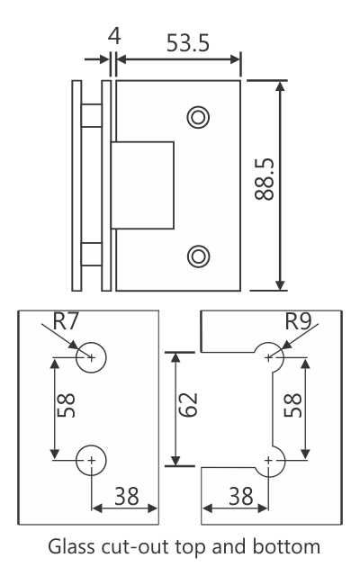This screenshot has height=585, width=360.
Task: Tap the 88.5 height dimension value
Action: pyautogui.click(x=265, y=184)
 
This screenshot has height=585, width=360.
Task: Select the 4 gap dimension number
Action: pyautogui.click(x=113, y=37)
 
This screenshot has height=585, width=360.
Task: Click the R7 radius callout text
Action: pyautogui.click(x=67, y=320)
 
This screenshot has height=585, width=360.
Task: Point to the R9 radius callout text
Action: pyautogui.click(x=300, y=320)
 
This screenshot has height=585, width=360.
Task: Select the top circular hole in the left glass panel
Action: pyautogui.click(x=92, y=356)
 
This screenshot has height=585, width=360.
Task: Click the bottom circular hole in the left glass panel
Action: pyautogui.click(x=92, y=460)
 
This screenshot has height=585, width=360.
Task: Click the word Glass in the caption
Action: pyautogui.click(x=69, y=546)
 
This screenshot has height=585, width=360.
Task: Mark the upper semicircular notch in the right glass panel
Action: pyautogui.click(x=270, y=357)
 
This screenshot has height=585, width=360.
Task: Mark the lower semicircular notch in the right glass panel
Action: pyautogui.click(x=270, y=460)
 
